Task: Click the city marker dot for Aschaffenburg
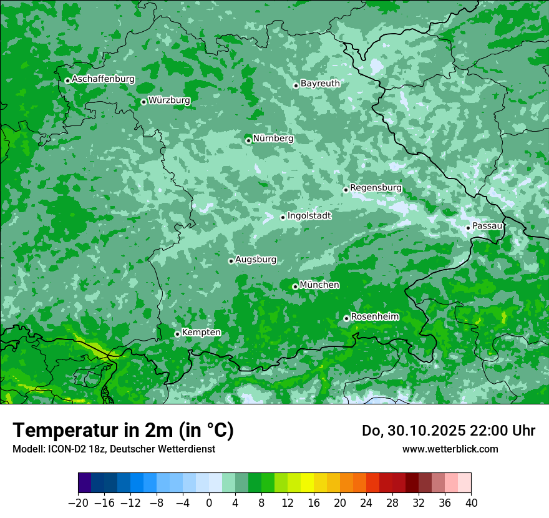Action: (67, 81)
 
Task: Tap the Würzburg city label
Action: (169, 100)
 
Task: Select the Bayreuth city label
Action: (320, 84)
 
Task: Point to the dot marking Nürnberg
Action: (248, 140)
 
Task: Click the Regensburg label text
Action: (376, 188)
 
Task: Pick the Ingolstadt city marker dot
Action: (283, 217)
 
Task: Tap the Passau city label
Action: (487, 225)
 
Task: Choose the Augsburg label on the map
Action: (256, 260)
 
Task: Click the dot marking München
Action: (295, 286)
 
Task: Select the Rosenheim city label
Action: (374, 317)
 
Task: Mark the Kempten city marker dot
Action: (177, 334)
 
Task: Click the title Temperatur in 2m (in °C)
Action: (123, 431)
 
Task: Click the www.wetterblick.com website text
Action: (450, 449)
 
